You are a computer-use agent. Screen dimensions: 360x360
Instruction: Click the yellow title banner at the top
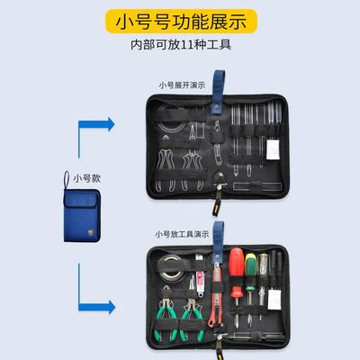click(180, 19)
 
